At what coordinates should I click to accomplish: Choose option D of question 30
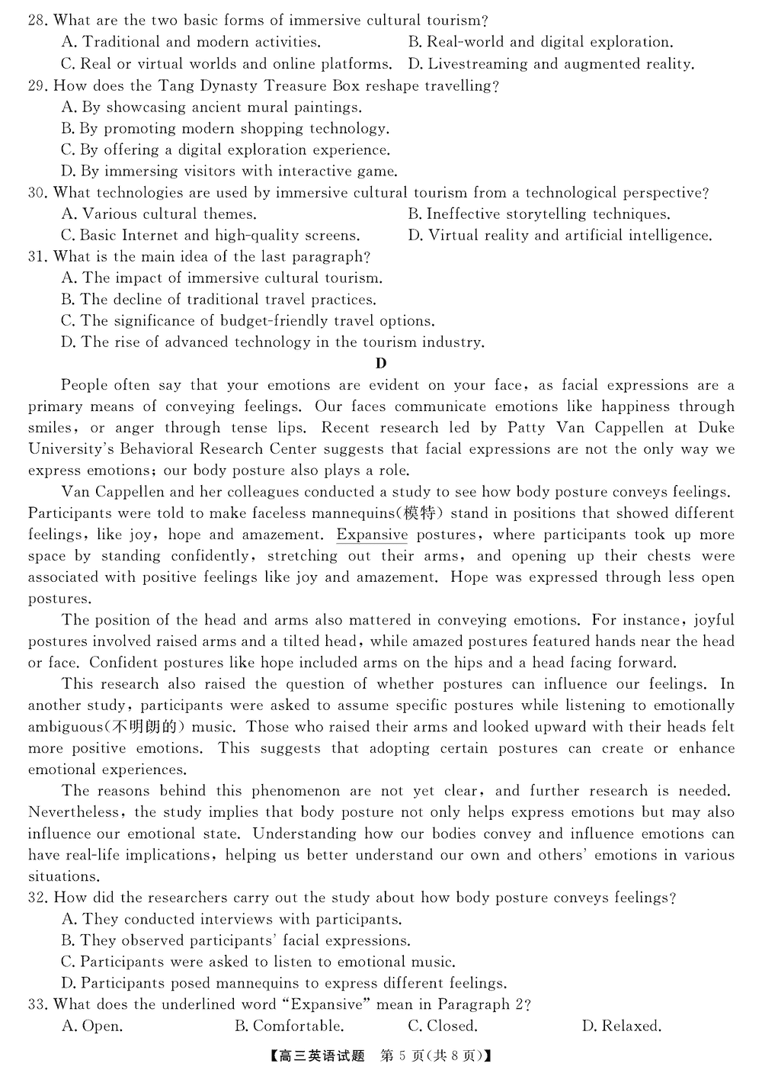click(x=559, y=236)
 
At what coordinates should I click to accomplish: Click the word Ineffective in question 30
click(x=462, y=214)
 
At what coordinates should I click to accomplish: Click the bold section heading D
click(x=381, y=364)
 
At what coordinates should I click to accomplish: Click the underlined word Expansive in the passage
click(x=372, y=535)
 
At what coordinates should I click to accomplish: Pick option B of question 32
click(x=235, y=940)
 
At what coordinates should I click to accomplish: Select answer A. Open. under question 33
click(x=91, y=1026)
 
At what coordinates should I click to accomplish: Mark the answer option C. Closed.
click(x=443, y=1026)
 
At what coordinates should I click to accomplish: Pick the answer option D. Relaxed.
click(x=621, y=1026)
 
